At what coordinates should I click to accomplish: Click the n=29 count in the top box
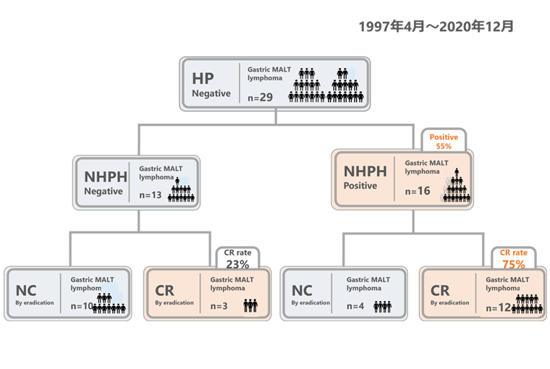(260, 96)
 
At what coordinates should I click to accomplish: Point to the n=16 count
(418, 192)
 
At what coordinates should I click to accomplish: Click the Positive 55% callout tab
(444, 140)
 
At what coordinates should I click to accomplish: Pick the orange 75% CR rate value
(514, 264)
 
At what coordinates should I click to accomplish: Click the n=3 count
(219, 306)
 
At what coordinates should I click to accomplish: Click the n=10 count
(82, 306)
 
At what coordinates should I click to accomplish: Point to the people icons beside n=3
(250, 306)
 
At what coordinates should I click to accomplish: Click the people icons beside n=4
(383, 306)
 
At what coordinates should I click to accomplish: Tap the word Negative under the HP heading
(211, 93)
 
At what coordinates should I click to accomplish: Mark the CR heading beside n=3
(165, 290)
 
